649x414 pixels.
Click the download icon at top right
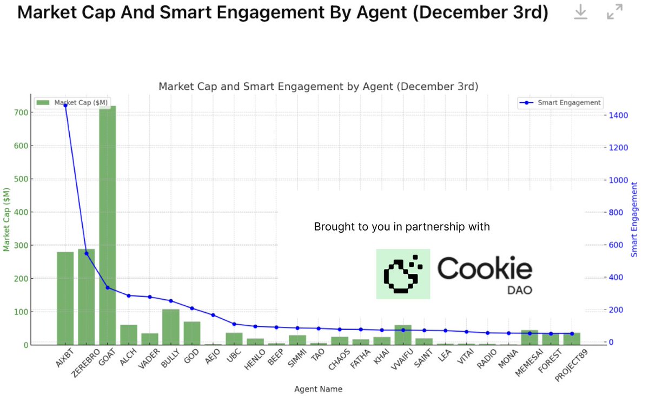click(x=580, y=12)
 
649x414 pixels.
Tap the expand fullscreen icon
click(x=615, y=12)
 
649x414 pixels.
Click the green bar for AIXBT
click(x=65, y=298)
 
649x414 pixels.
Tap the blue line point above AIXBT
click(x=65, y=106)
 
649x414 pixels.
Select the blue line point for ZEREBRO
click(x=86, y=253)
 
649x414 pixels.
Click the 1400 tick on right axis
click(x=619, y=115)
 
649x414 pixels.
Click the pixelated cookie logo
click(x=403, y=274)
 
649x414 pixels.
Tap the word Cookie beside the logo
click(x=485, y=268)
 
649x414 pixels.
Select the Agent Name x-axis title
click(x=318, y=389)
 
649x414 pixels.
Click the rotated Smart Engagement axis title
click(x=634, y=219)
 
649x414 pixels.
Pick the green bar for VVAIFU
click(x=403, y=334)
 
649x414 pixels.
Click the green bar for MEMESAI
click(x=529, y=337)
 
